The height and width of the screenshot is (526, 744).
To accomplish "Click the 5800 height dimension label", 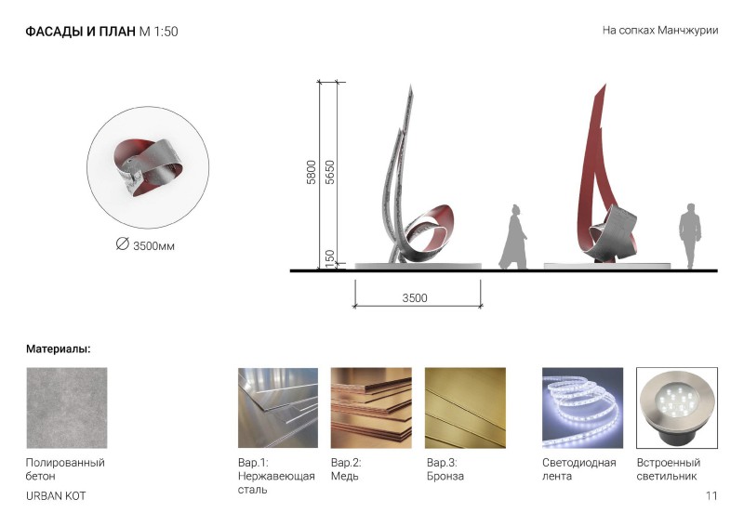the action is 312,172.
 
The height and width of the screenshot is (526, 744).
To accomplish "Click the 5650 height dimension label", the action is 330,172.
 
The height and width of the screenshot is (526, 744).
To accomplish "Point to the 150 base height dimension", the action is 330,258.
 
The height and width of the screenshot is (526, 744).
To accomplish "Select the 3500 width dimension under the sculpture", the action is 415,298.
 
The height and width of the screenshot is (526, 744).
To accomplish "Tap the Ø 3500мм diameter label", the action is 145,244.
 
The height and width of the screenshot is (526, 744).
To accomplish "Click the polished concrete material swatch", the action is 67,408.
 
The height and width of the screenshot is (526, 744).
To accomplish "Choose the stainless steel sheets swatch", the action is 278,408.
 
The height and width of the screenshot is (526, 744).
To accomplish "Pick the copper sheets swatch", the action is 371,408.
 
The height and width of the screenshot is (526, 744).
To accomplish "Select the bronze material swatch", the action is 465,408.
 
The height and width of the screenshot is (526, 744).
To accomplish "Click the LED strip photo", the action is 583,408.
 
